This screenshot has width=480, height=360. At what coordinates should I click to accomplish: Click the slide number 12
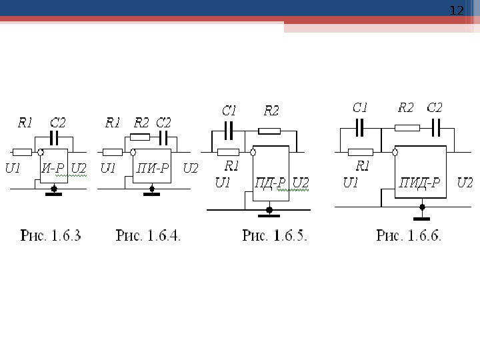457,11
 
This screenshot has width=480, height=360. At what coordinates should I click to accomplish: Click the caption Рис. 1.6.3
51,235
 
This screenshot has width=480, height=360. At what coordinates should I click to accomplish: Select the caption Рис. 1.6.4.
149,235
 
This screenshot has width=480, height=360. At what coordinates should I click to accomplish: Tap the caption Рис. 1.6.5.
275,235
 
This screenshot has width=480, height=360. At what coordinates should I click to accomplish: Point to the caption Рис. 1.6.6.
409,235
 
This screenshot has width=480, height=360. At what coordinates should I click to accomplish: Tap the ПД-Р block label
271,183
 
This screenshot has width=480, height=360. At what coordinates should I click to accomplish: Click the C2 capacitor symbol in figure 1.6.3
56,138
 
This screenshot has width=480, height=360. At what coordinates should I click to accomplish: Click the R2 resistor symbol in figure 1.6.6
407,127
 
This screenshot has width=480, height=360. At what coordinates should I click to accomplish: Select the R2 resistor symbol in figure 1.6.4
140,137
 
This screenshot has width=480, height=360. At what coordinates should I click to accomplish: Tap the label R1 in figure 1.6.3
25,123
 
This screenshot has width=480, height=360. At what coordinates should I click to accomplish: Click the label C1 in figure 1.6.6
360,107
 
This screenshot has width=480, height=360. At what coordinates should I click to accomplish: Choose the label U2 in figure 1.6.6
465,183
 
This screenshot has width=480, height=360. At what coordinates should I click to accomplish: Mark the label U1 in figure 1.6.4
107,168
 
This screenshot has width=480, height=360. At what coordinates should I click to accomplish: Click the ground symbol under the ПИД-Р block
421,217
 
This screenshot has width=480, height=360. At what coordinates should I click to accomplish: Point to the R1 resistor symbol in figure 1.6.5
229,151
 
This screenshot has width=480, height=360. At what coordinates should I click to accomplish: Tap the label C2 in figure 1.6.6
434,107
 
